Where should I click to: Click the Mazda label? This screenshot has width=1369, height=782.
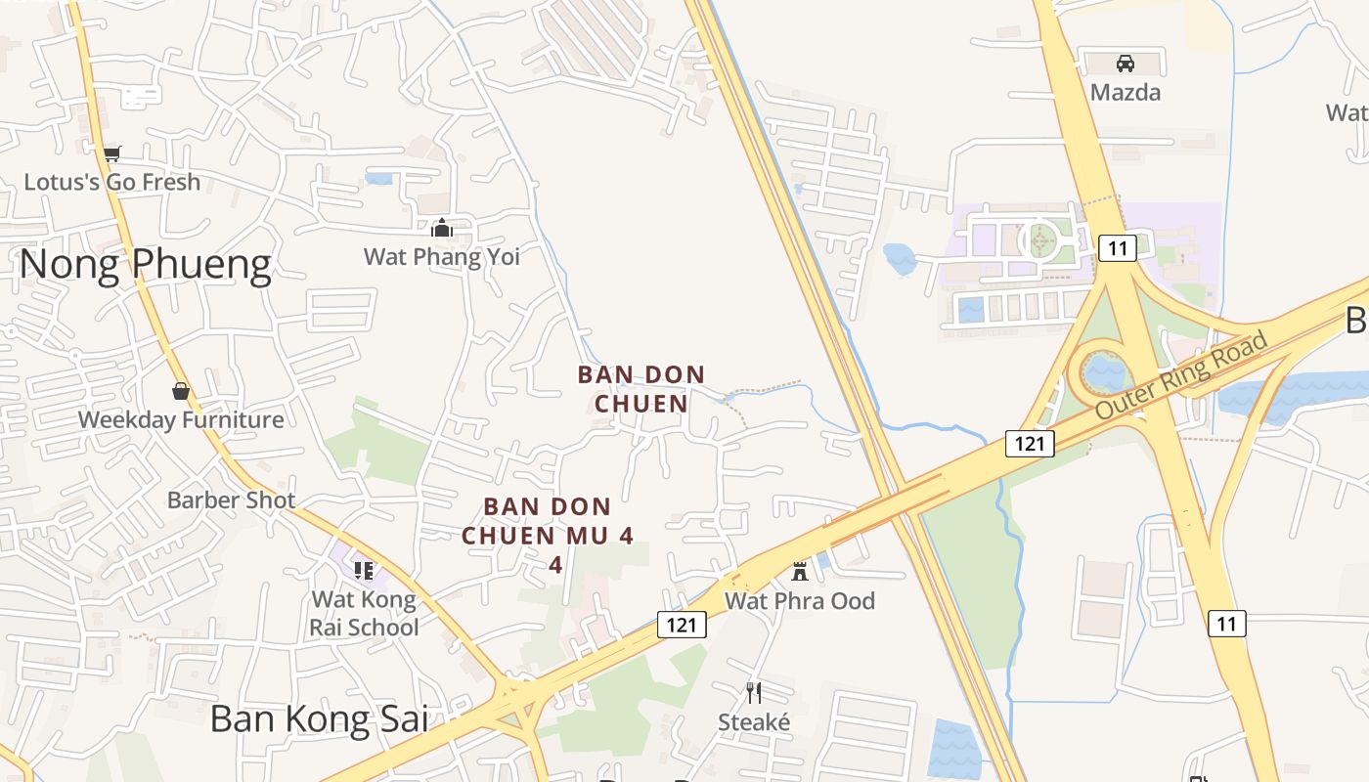pos(1126,93)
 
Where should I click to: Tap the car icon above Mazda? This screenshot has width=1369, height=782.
pos(1126,64)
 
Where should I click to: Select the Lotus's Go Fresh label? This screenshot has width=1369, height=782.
pos(111,182)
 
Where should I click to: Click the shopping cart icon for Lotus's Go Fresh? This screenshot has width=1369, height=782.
pos(111,152)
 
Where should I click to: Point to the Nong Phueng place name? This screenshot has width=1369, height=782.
pos(145,265)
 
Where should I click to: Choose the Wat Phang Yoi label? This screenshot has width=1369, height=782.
pos(442,257)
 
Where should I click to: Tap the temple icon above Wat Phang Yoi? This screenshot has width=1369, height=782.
pos(442,228)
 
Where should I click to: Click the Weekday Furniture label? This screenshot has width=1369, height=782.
pos(181,420)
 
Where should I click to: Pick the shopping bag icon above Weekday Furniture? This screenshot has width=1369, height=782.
pos(181,391)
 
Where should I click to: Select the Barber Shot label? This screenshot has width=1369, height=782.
pos(231,500)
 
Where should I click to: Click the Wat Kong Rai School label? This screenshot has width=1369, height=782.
pos(364,613)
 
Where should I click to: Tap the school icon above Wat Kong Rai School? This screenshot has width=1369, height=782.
pos(364,570)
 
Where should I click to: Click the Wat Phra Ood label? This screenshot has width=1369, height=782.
pos(800,601)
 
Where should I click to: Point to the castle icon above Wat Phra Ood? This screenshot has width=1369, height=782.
pos(800,571)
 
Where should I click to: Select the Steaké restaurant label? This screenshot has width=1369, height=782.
pos(754,722)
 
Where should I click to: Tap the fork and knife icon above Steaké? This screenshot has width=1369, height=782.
pos(754,693)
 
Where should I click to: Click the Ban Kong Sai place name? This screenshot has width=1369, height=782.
pos(320,719)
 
